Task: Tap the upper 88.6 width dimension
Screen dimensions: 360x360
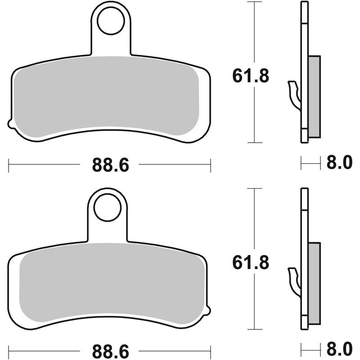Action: tap(111, 165)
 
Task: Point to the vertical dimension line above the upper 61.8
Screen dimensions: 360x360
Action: tap(255, 31)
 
